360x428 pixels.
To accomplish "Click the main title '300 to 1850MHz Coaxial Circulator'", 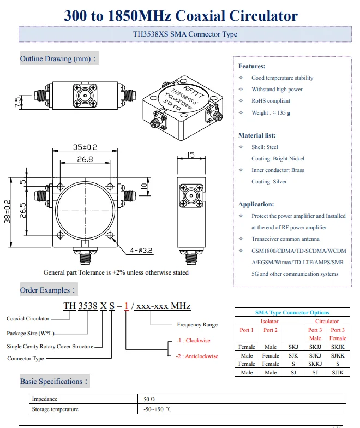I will coord(181,16).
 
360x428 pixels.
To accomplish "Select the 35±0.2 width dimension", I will coord(85,147).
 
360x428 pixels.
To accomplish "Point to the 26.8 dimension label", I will coord(85,159).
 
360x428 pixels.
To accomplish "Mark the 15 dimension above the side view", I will coord(190,155).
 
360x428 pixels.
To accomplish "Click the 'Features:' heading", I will coord(251,66).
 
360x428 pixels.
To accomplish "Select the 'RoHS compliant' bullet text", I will coord(271,101).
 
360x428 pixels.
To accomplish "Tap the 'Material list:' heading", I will coord(256,135).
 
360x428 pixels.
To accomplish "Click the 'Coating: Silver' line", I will coord(269,182).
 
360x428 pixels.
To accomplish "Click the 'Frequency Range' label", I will coord(197,325).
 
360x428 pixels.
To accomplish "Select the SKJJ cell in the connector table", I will coord(315,347).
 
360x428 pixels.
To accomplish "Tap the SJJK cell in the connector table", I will coord(338,372).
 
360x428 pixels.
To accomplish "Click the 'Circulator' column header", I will coord(327,322).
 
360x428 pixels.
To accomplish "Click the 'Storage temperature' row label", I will coord(55,409).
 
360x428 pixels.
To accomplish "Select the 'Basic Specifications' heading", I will coord(53,381).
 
